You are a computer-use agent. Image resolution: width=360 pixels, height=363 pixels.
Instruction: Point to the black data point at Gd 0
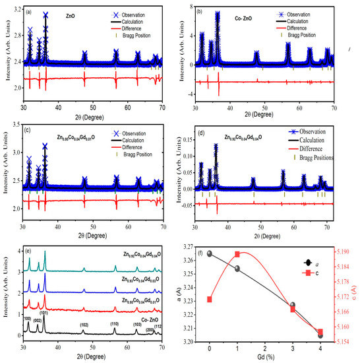tap(210, 253)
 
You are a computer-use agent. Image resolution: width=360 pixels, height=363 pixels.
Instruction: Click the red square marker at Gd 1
tap(237, 254)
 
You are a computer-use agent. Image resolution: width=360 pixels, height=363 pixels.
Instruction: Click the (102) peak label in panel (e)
tap(84, 325)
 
